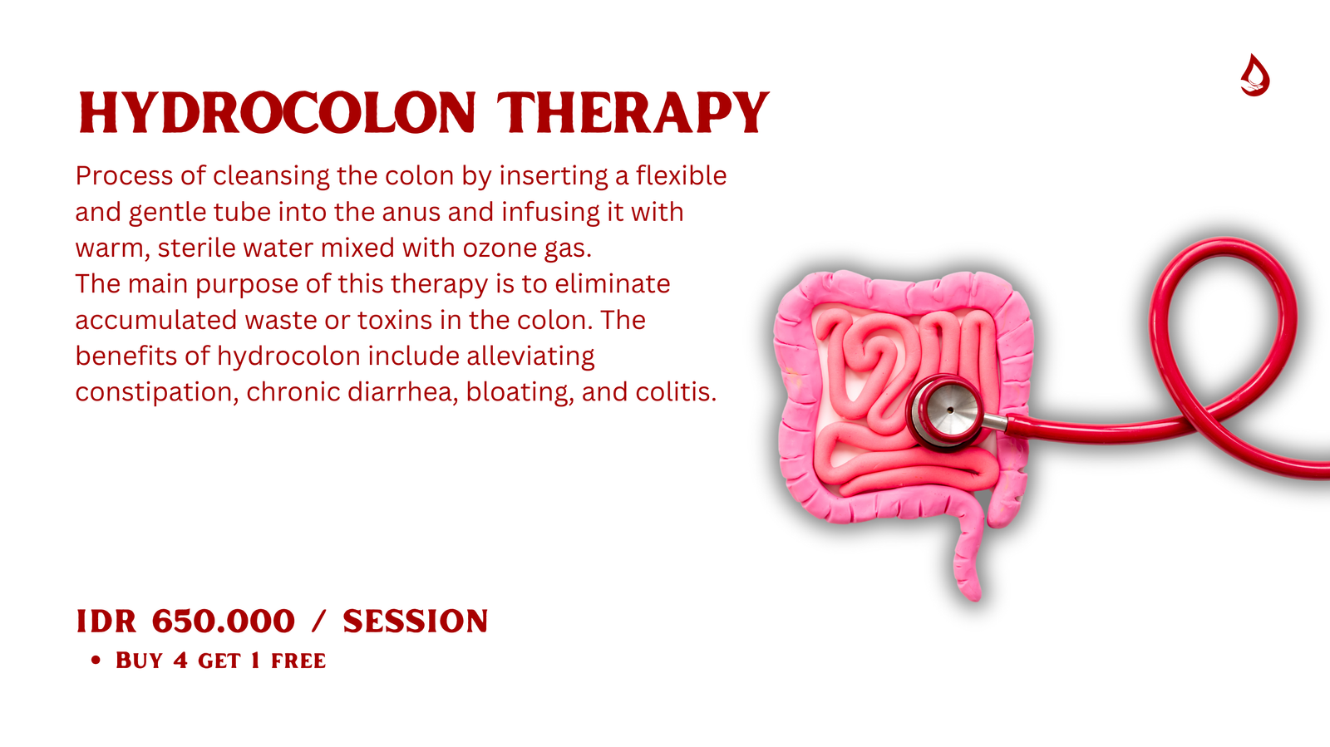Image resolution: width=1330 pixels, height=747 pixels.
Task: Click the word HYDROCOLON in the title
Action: (278, 112)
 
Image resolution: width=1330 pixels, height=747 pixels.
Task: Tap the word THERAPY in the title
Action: (633, 112)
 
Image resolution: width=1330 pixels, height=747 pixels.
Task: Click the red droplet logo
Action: (1254, 75)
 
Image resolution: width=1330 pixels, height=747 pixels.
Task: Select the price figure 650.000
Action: (224, 622)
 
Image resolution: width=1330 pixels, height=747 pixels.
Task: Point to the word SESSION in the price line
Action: (415, 622)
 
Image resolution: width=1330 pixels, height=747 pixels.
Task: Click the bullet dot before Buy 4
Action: (96, 661)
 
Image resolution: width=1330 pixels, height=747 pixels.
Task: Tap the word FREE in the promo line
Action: (298, 661)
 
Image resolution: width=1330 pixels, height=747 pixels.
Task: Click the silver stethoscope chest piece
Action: (947, 410)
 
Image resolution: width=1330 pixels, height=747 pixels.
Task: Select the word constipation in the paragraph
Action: (157, 393)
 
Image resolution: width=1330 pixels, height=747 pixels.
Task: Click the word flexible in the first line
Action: (681, 175)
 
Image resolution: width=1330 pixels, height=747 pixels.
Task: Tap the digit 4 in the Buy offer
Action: (180, 661)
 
